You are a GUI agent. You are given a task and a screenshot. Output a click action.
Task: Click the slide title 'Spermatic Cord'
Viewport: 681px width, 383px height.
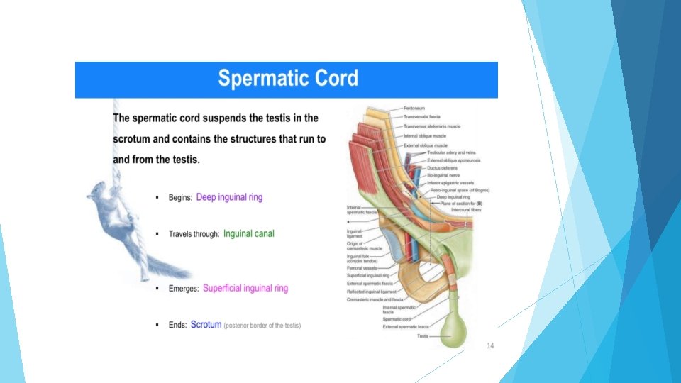click(x=287, y=78)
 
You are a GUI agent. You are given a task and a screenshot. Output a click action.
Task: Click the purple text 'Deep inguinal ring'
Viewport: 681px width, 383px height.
click(x=229, y=197)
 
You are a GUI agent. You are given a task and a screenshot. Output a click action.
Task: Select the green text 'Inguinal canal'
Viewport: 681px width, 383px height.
click(x=248, y=233)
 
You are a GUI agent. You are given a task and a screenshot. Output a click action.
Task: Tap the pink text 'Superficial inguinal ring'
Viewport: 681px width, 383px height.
click(x=245, y=289)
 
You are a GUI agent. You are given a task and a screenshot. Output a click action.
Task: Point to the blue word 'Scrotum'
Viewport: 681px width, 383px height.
click(x=206, y=325)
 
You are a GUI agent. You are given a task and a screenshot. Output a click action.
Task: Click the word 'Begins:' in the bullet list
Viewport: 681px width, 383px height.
click(x=180, y=198)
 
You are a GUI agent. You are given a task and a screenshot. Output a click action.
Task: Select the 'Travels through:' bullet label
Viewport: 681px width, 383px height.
click(x=194, y=234)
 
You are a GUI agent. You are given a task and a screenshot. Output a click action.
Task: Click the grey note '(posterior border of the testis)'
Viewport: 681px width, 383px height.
click(x=262, y=326)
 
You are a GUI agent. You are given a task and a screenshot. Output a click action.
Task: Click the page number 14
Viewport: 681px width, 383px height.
click(x=489, y=345)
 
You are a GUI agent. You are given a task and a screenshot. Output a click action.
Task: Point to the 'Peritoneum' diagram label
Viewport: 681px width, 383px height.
click(x=415, y=108)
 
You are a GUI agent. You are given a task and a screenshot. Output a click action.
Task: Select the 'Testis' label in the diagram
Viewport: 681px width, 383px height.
click(x=423, y=335)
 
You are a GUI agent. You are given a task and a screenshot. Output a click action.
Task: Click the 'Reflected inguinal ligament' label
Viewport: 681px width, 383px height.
click(x=372, y=292)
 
